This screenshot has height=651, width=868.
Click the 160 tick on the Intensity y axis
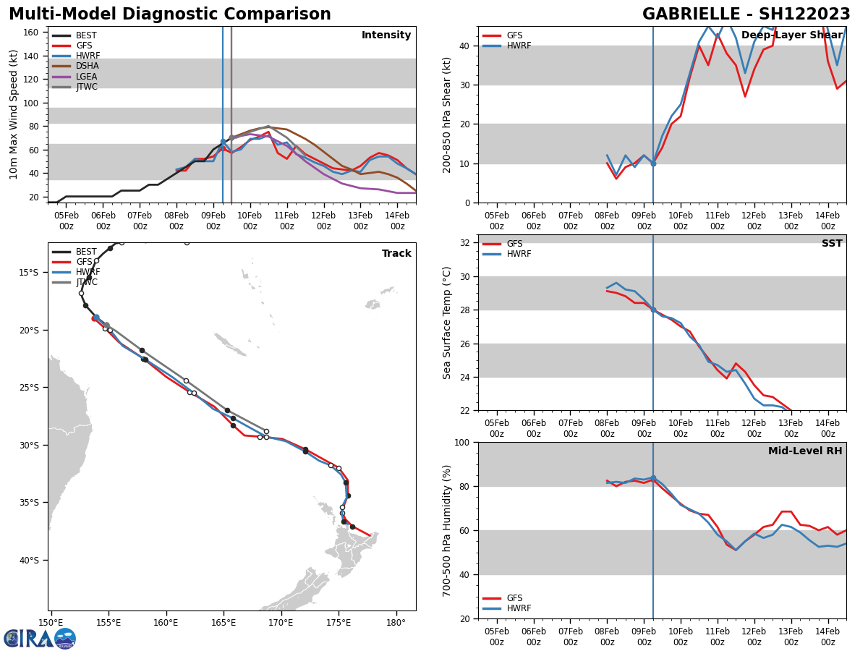(x=31, y=33)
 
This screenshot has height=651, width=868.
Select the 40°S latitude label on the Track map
(x=28, y=560)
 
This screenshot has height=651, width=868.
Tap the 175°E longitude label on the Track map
(x=339, y=622)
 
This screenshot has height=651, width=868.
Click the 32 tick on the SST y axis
(x=466, y=243)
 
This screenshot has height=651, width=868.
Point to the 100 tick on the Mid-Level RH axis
(x=461, y=442)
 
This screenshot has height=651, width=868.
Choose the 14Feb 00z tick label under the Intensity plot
(x=397, y=221)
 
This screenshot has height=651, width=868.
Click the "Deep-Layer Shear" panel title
(x=791, y=35)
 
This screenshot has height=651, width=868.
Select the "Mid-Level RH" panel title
(x=804, y=451)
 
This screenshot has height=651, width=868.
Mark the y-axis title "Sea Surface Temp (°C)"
(x=447, y=323)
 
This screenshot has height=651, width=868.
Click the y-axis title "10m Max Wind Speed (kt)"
(x=14, y=114)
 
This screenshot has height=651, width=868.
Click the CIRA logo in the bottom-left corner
(x=40, y=638)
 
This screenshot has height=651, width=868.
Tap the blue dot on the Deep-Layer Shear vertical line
(x=653, y=163)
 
